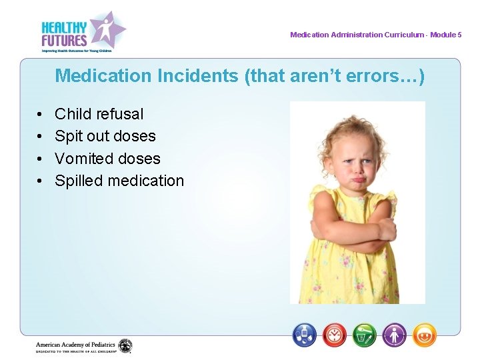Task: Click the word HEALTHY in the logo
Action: pos(64,27)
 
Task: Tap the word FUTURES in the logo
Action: pos(64,40)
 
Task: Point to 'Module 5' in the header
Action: pos(445,35)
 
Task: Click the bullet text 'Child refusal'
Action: pos(99,114)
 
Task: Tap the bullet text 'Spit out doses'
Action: pos(105,136)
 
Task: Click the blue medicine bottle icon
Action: pos(305,334)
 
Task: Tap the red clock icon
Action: pos(335,334)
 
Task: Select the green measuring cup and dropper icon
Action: pos(365,334)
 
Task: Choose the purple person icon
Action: pos(394,334)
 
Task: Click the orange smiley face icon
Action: pos(424,334)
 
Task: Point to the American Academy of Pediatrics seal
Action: pos(125,346)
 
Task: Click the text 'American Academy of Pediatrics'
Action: pos(75,344)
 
